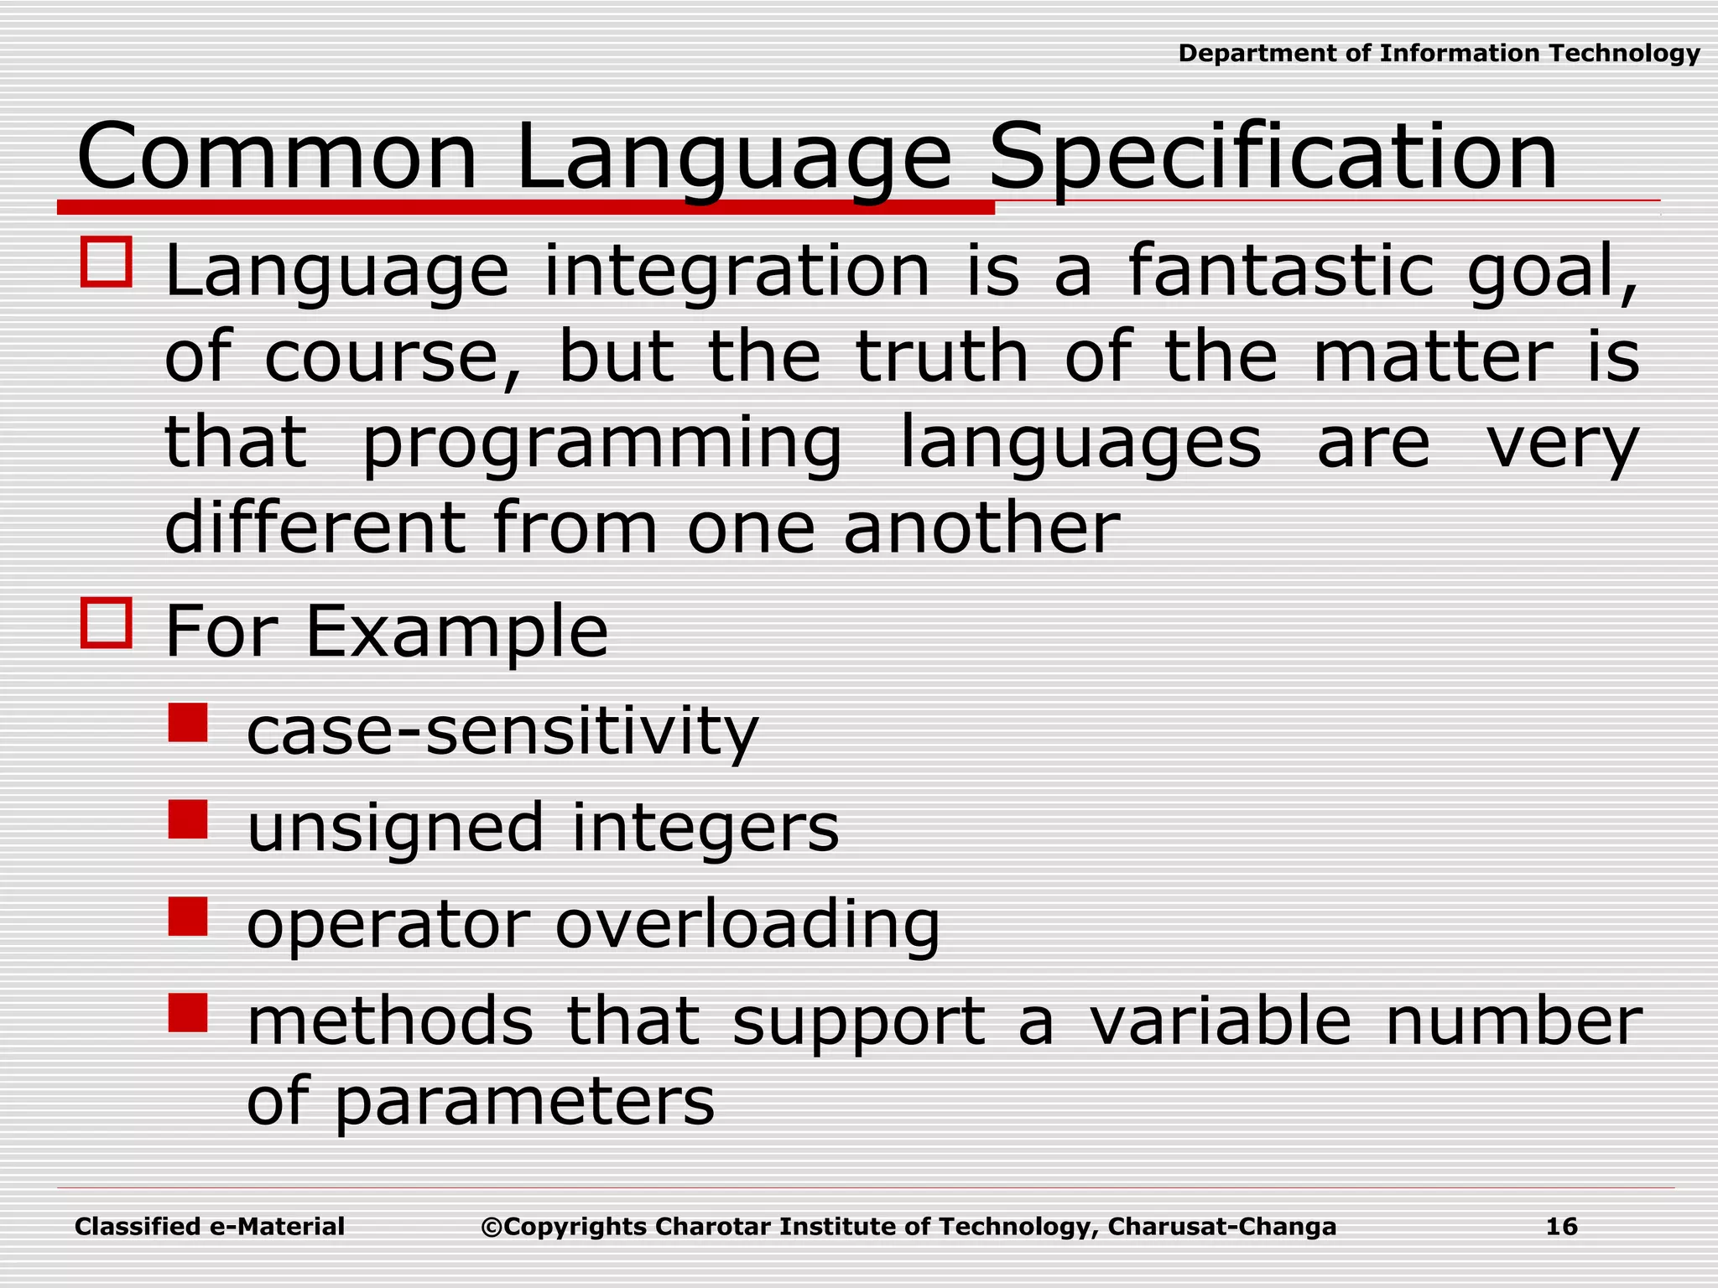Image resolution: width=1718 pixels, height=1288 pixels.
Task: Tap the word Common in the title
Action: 277,157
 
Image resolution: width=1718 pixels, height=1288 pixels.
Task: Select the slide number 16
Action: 1561,1227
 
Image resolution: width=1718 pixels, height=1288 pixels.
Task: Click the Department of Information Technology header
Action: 1439,54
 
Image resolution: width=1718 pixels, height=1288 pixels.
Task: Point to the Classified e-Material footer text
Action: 210,1227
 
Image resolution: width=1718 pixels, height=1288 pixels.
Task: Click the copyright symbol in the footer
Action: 492,1228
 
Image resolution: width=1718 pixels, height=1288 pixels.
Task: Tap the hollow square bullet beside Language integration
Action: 106,262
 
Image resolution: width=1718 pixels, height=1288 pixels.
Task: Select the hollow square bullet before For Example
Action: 106,623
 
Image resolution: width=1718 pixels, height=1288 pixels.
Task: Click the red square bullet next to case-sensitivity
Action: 187,723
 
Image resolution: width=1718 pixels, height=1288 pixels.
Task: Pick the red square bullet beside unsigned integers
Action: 187,819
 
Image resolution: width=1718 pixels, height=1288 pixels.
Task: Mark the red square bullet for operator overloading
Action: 187,917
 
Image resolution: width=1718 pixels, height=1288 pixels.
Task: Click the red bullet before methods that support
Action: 187,1013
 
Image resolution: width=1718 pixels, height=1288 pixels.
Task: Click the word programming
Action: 601,444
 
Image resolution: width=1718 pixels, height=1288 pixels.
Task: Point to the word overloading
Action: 747,927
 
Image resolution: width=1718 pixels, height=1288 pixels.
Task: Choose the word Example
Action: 456,633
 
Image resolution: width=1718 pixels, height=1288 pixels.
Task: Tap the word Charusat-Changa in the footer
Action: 1221,1227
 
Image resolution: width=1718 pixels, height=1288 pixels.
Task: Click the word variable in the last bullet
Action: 1220,1022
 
